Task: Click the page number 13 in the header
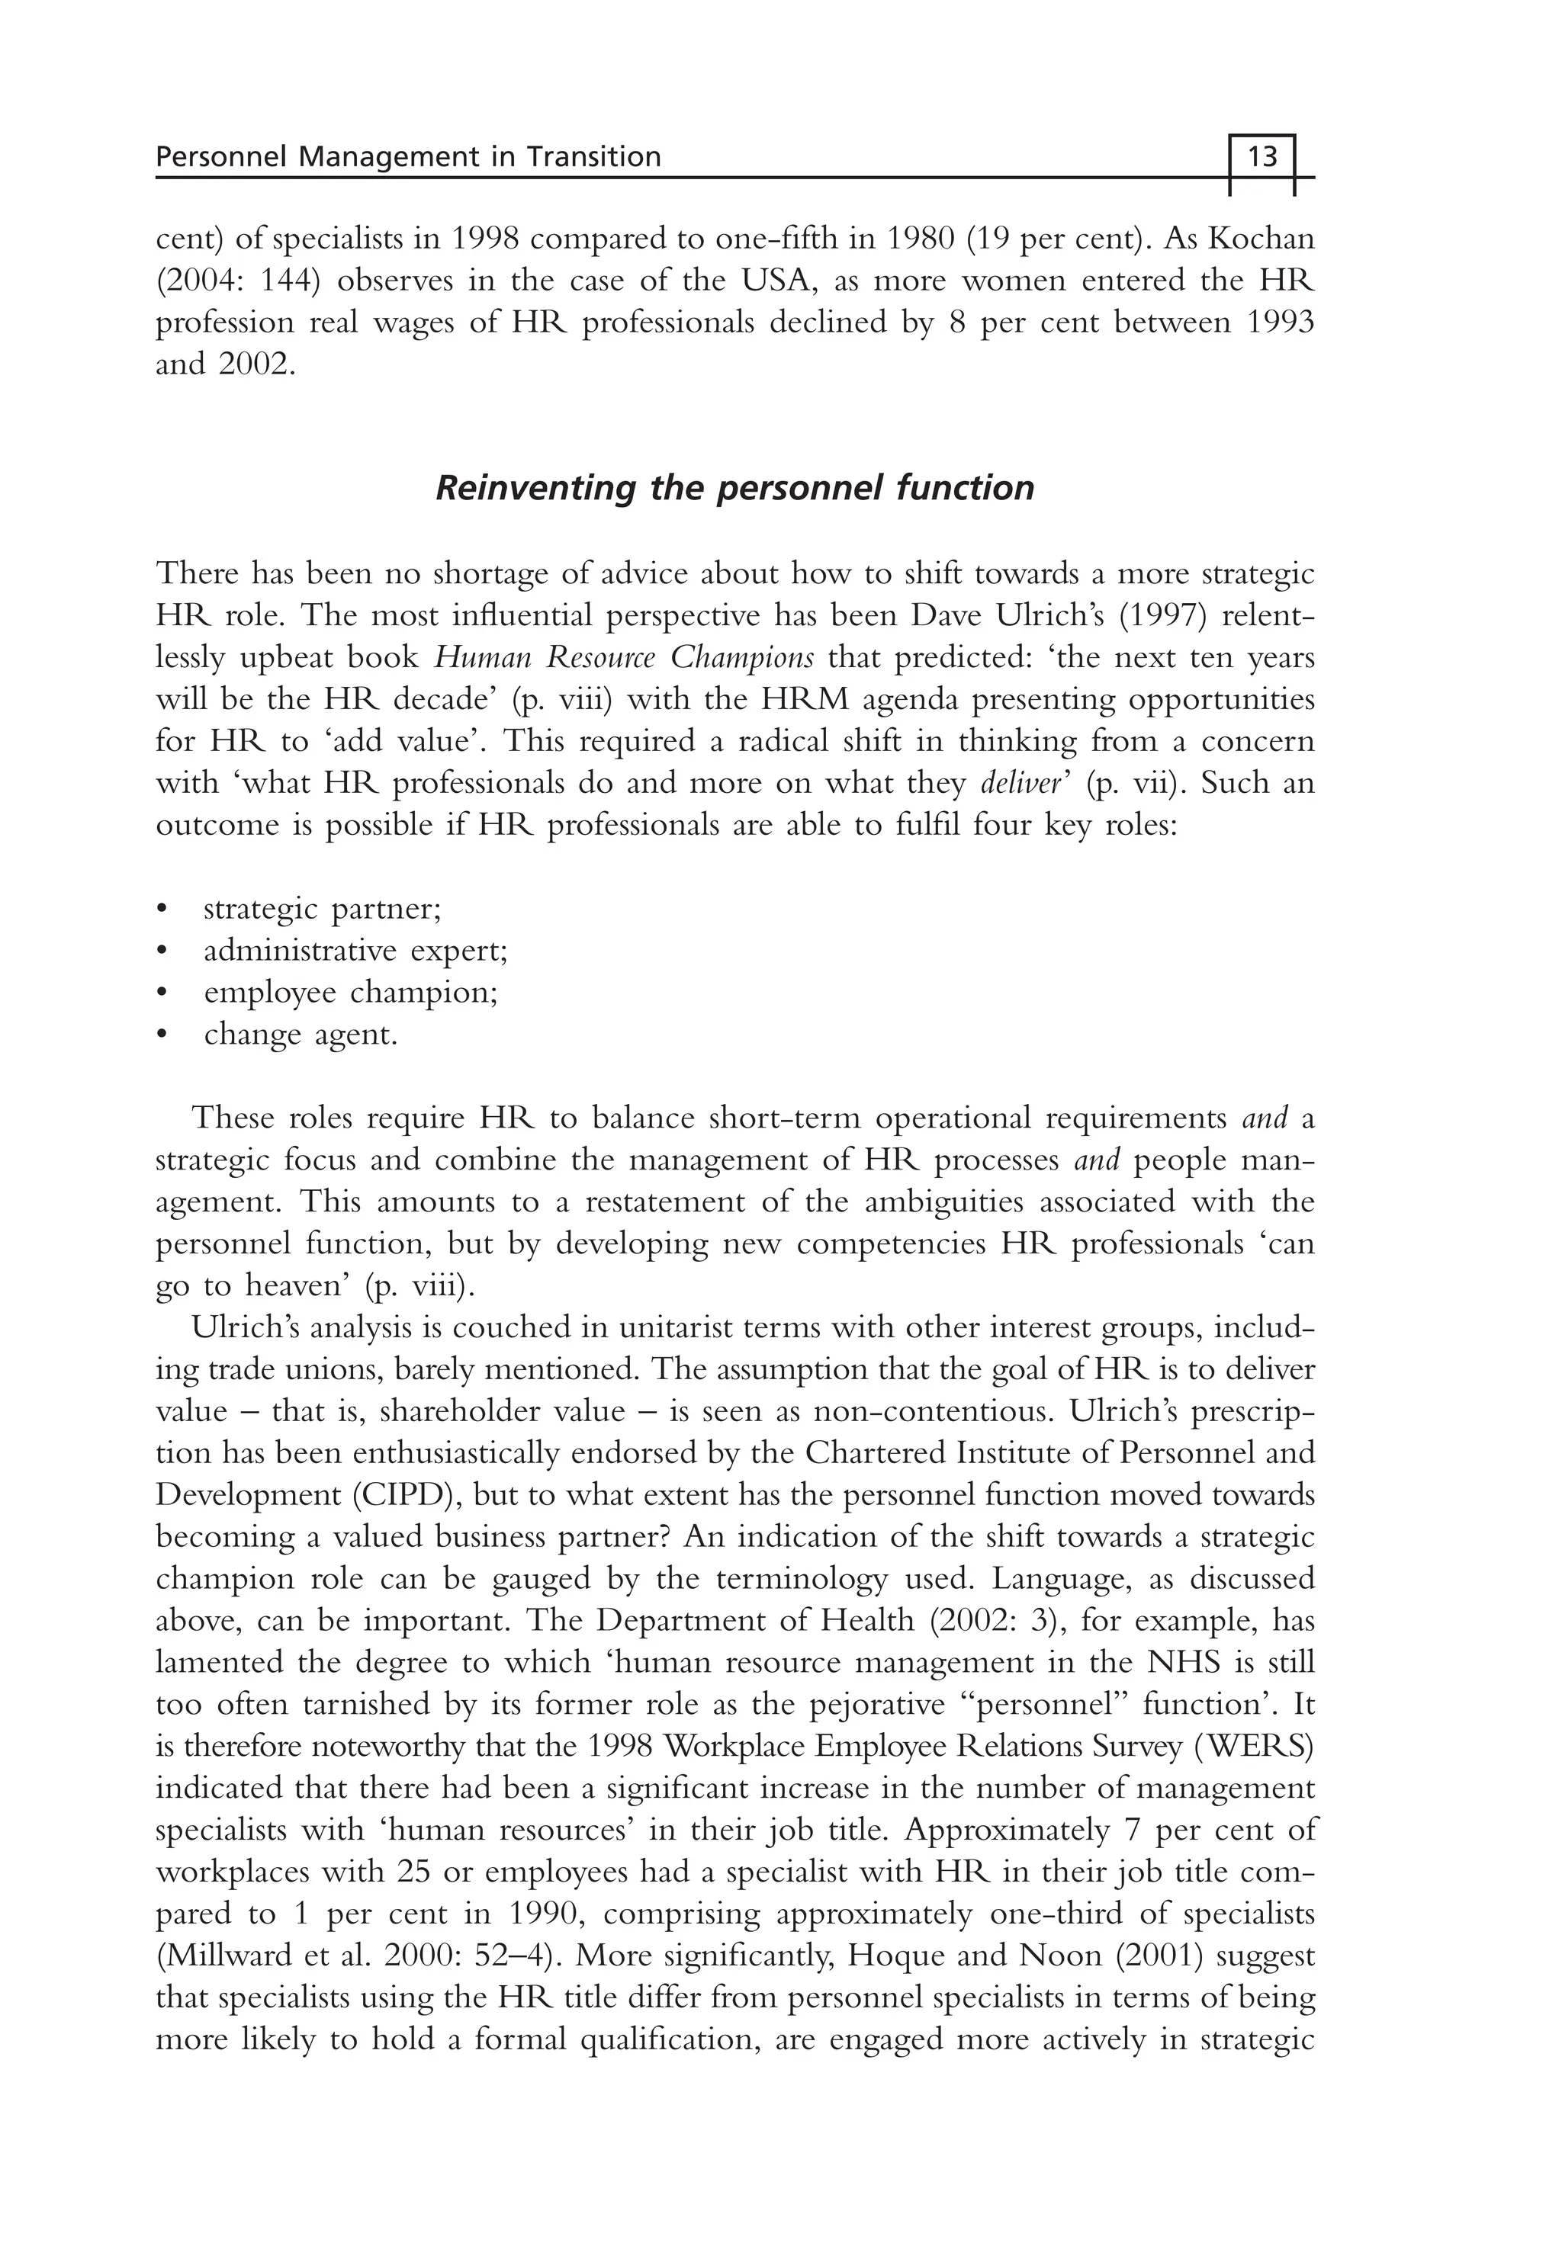pyautogui.click(x=1262, y=156)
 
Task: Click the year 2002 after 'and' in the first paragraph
pyautogui.click(x=256, y=365)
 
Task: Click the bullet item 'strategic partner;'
pyautogui.click(x=322, y=909)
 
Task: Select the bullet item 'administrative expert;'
pyautogui.click(x=355, y=951)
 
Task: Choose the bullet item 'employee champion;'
pyautogui.click(x=350, y=993)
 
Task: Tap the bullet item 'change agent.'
pyautogui.click(x=301, y=1035)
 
